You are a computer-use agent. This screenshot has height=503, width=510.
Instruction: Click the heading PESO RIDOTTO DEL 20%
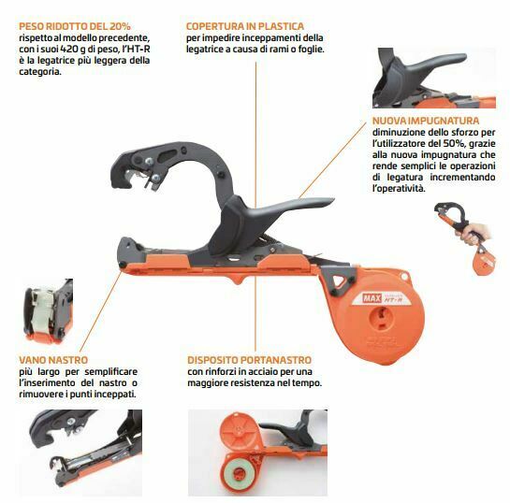coord(75,26)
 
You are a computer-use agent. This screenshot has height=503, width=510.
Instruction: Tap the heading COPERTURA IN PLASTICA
coord(245,26)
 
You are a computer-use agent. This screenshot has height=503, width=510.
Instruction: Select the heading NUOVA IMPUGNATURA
coord(426,121)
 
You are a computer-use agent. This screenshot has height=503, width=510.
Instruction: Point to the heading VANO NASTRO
coord(53,360)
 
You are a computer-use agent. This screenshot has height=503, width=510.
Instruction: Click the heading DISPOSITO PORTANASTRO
coord(250,360)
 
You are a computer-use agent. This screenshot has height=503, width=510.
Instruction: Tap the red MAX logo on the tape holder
coord(372,298)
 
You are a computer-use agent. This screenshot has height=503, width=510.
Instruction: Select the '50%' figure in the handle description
coord(452,143)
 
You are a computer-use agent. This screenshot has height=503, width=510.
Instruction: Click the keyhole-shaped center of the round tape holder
coord(381,317)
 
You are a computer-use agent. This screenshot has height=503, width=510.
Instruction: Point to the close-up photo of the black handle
coord(434,78)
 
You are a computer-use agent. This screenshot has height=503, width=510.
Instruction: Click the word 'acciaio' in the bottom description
coord(276,372)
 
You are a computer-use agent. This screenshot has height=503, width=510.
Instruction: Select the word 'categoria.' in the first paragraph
coord(40,72)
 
